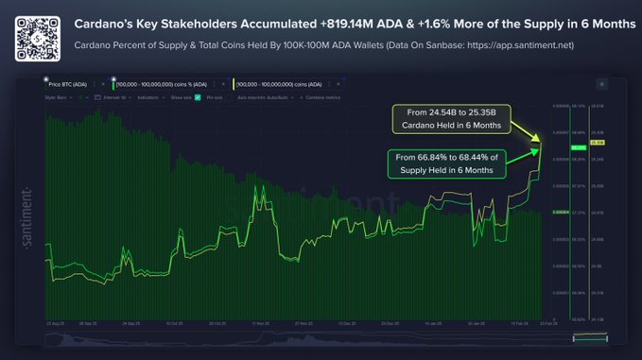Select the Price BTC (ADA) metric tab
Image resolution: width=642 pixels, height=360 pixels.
(70, 84)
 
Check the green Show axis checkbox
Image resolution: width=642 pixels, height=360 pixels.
(197, 96)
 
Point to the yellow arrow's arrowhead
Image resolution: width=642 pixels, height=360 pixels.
(542, 143)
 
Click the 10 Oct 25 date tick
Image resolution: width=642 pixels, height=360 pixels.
(173, 322)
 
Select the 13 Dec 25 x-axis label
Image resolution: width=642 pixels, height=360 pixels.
(341, 322)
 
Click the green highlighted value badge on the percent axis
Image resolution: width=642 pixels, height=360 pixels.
(579, 148)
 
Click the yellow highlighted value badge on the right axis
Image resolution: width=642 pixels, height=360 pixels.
(598, 143)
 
